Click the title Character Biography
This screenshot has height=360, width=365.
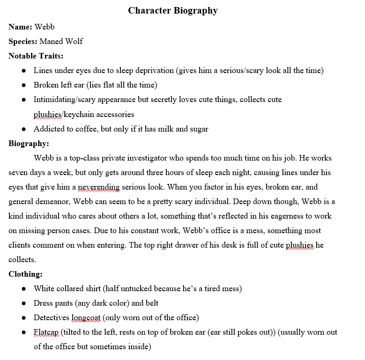[173, 10]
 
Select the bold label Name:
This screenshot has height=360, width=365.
[20, 27]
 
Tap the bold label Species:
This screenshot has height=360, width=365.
[22, 41]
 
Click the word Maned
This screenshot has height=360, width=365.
[52, 41]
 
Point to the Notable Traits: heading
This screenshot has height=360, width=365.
[36, 56]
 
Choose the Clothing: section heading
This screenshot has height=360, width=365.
[26, 274]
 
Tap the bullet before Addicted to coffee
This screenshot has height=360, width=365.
[23, 129]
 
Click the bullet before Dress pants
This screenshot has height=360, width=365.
[23, 303]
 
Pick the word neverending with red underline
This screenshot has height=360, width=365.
[99, 187]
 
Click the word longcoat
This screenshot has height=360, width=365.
[86, 317]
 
